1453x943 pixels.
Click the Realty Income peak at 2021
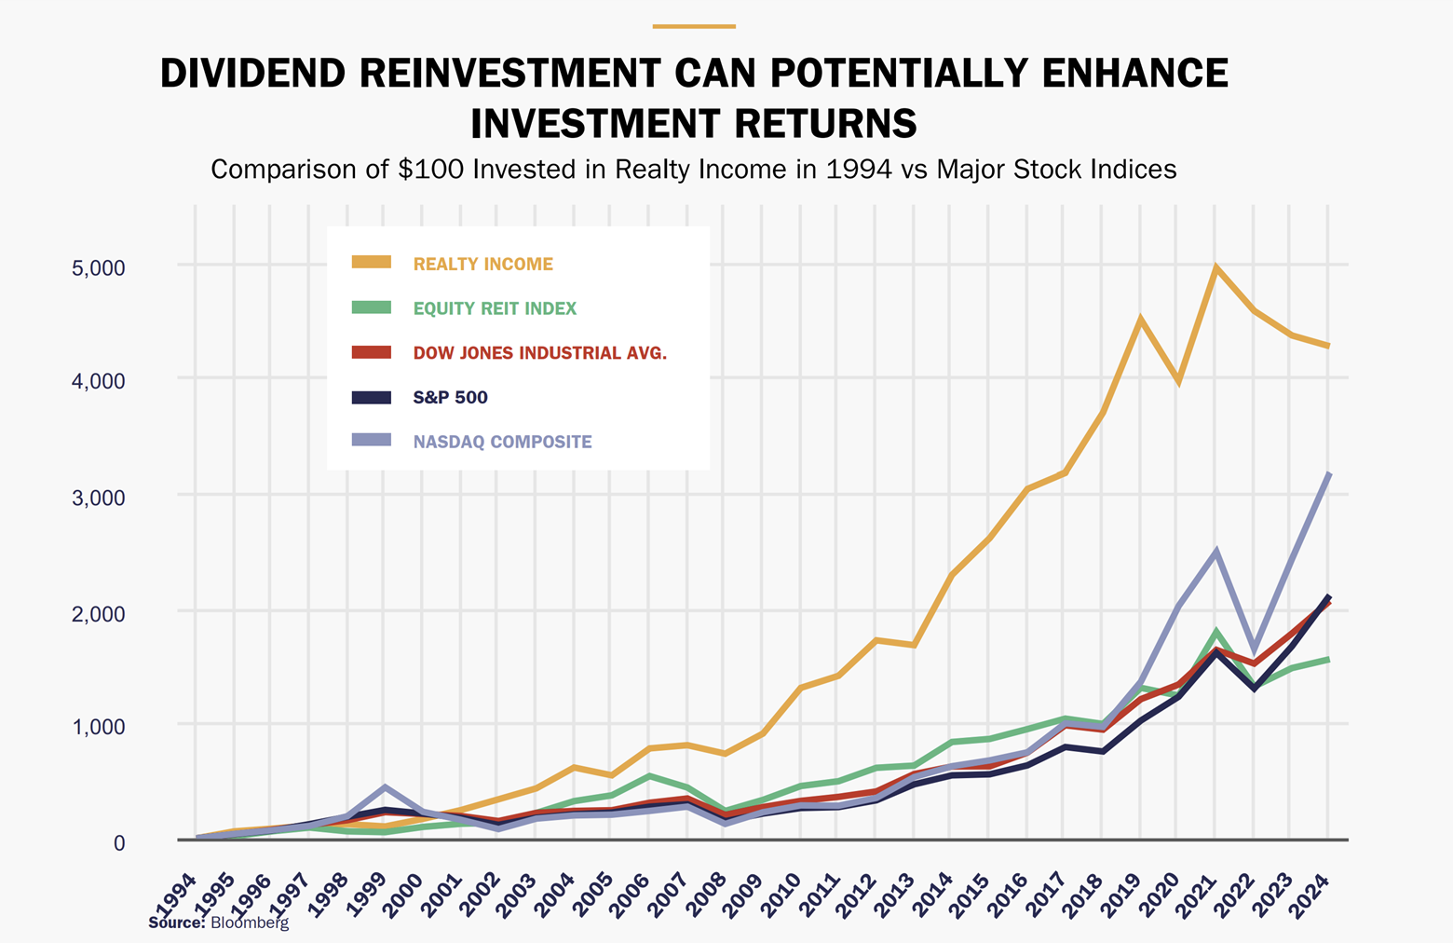[x=1215, y=268]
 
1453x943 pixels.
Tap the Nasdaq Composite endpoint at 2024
[x=1328, y=474]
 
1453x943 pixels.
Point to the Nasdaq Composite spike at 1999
[x=384, y=788]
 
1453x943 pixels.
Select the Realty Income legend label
[x=482, y=264]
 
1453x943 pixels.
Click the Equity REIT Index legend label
[x=495, y=308]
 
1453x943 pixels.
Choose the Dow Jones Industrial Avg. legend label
[x=539, y=353]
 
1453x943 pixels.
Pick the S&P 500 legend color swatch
[x=371, y=397]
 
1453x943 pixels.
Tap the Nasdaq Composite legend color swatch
[x=371, y=441]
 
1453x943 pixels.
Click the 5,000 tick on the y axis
[x=98, y=268]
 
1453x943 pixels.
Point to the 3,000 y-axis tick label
[x=98, y=498]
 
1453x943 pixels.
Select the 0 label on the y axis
[x=118, y=842]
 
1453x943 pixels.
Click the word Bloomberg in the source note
[x=250, y=922]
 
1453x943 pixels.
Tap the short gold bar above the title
[x=694, y=26]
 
